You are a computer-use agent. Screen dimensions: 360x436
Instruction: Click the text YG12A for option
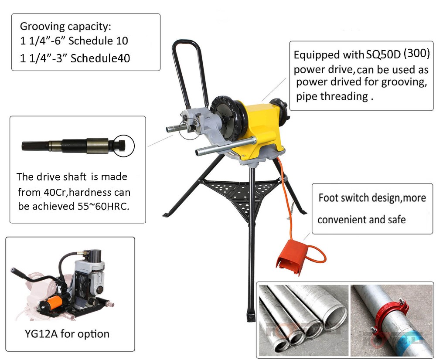(x=66, y=334)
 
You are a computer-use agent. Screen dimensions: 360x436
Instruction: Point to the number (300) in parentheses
(x=416, y=54)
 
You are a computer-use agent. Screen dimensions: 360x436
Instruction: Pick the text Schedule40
(x=100, y=58)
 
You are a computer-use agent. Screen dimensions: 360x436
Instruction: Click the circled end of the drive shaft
(x=124, y=145)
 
